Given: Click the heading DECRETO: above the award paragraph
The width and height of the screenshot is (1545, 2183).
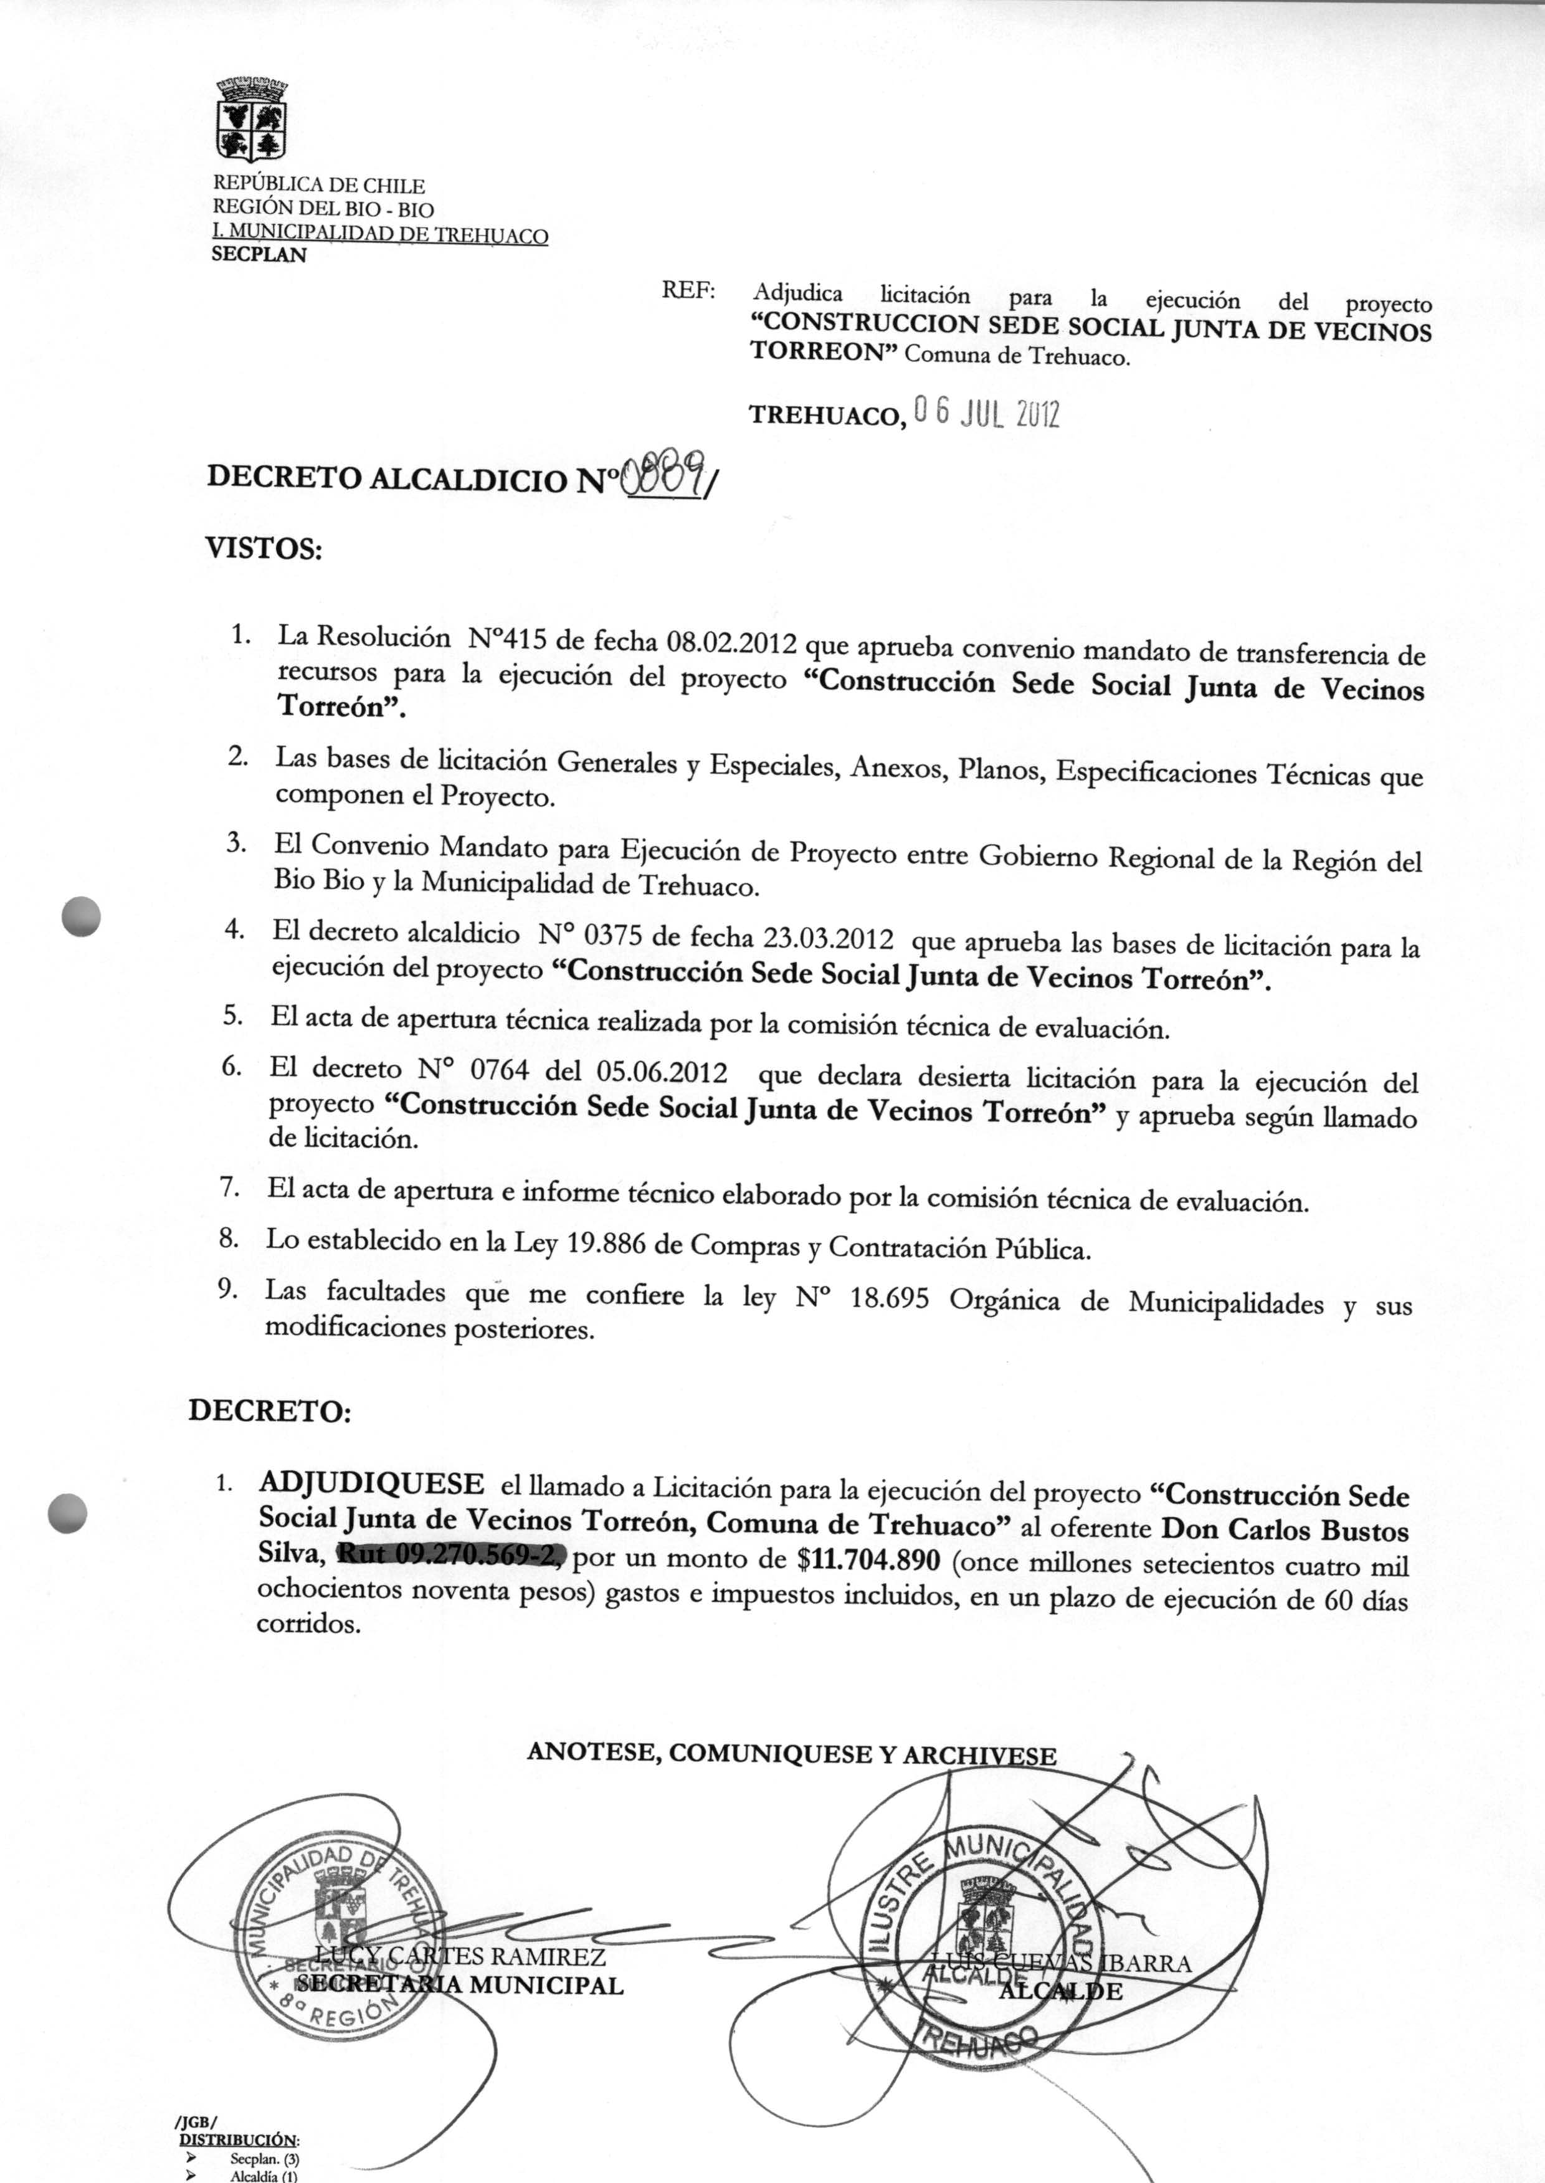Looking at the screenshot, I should [269, 1410].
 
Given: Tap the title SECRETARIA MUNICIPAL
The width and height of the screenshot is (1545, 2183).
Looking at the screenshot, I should [460, 1985].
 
